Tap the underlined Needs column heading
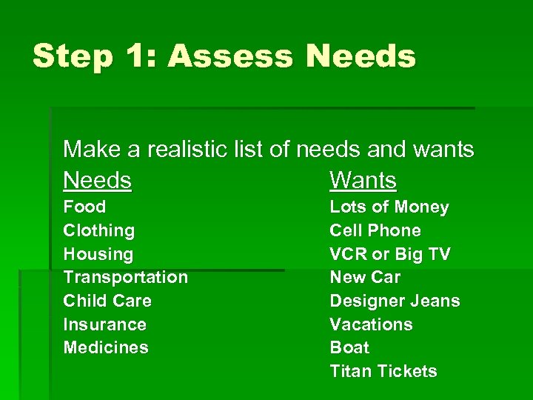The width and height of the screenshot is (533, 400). pyautogui.click(x=97, y=180)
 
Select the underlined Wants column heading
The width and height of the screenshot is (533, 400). pyautogui.click(x=363, y=180)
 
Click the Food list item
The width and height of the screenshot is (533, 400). pyautogui.click(x=84, y=207)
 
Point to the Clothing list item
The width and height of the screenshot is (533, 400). pyautogui.click(x=99, y=231)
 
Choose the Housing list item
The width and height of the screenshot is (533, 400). pyautogui.click(x=98, y=254)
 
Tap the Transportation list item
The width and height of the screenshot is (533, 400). pyautogui.click(x=126, y=278)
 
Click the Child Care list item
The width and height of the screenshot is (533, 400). pyautogui.click(x=107, y=301)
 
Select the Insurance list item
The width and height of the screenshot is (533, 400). pyautogui.click(x=104, y=324)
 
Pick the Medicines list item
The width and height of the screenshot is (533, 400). pyautogui.click(x=106, y=347)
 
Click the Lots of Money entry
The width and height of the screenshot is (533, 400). pyautogui.click(x=389, y=207)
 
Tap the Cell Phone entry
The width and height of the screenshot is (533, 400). pyautogui.click(x=375, y=231)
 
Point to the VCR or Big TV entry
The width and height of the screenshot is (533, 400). pyautogui.click(x=389, y=254)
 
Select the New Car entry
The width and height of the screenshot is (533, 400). pyautogui.click(x=365, y=278)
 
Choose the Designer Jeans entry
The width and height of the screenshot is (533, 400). pyautogui.click(x=395, y=301)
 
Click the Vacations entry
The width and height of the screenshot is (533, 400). pyautogui.click(x=371, y=324)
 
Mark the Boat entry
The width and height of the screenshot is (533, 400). pyautogui.click(x=349, y=347)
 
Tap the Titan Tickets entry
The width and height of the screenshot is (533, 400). pyautogui.click(x=383, y=371)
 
